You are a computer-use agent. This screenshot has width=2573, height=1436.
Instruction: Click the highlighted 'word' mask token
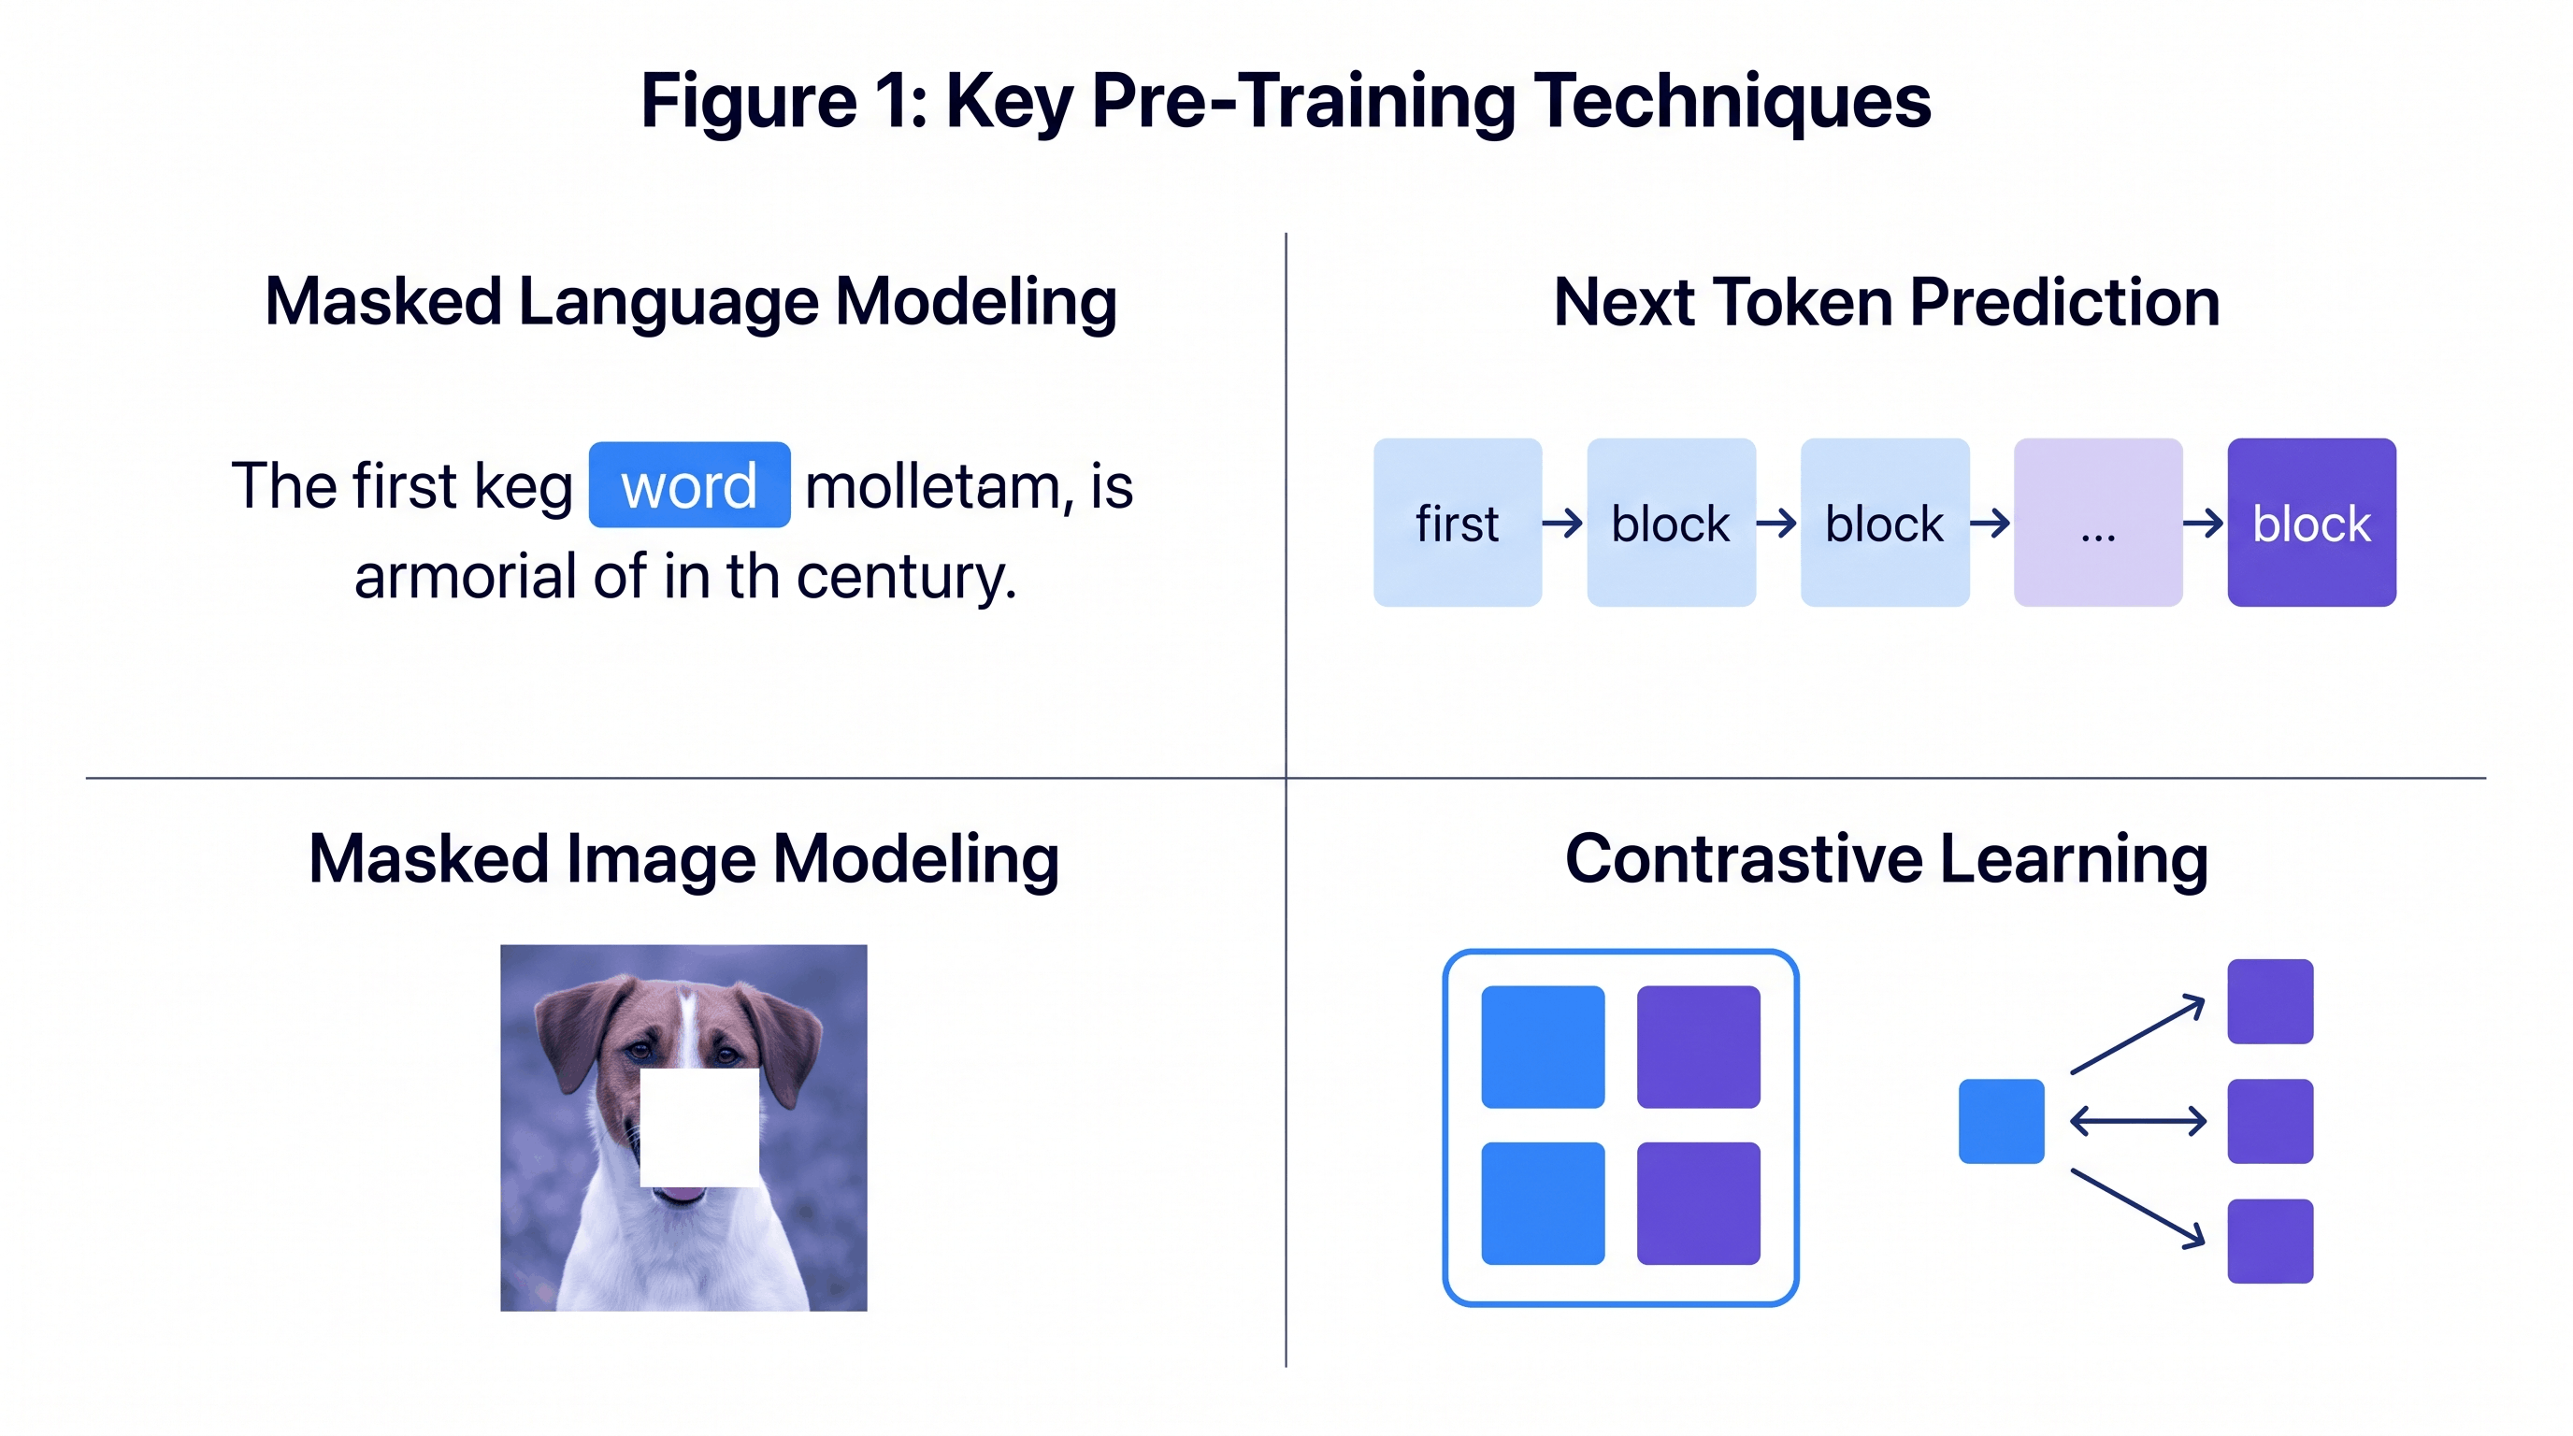(x=689, y=485)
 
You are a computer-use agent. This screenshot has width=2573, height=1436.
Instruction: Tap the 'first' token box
(x=1458, y=523)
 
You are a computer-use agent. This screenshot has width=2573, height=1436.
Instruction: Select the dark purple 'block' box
(x=2310, y=523)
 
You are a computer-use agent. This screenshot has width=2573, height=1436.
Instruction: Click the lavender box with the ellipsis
(x=2097, y=523)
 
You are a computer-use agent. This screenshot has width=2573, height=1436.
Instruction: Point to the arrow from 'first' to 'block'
(x=1563, y=523)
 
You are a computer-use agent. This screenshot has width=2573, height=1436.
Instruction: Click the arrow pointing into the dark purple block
(x=2204, y=523)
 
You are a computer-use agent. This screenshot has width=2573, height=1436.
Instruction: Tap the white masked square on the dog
(x=699, y=1127)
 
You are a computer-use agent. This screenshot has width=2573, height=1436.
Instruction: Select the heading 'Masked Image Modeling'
(x=683, y=859)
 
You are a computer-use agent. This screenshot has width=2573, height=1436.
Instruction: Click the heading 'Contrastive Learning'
(x=1886, y=859)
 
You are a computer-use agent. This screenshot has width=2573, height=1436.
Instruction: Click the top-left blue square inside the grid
(x=1542, y=1046)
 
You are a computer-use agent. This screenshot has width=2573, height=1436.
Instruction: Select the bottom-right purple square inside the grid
(x=1698, y=1203)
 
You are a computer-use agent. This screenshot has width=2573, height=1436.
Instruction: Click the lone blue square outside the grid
(x=2001, y=1120)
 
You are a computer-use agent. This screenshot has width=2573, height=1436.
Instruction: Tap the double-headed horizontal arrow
(x=2137, y=1120)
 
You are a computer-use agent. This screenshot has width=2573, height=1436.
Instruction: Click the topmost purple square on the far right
(x=2269, y=1000)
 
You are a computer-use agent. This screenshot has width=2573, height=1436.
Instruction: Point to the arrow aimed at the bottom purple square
(x=2137, y=1208)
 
